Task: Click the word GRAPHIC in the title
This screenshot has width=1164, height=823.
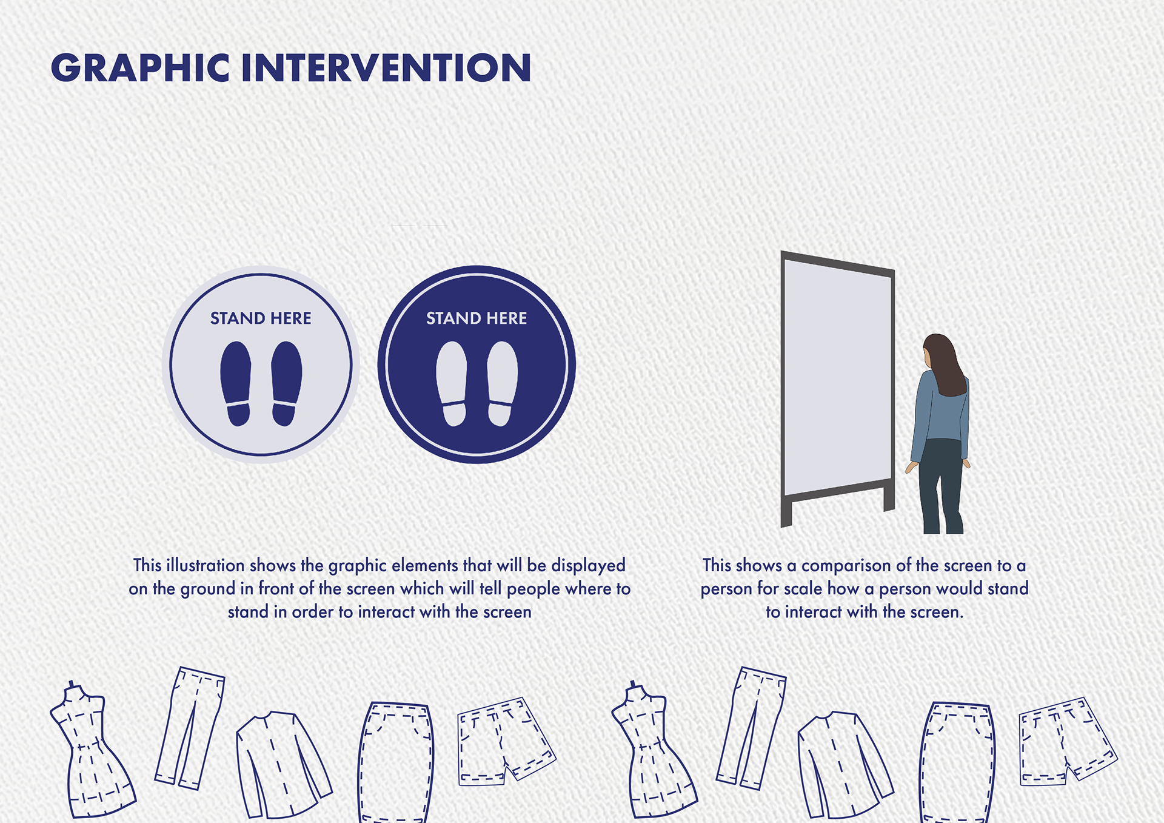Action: coord(140,67)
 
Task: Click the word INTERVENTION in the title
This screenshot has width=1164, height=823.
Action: coord(386,67)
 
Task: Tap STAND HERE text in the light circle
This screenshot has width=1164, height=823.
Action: coord(261,318)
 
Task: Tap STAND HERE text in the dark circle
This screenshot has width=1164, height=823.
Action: coord(477,318)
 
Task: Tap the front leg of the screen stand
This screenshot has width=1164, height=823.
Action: coord(786,512)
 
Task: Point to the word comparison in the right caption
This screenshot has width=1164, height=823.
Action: coord(846,566)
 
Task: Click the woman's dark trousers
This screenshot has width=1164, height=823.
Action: coord(941,485)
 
